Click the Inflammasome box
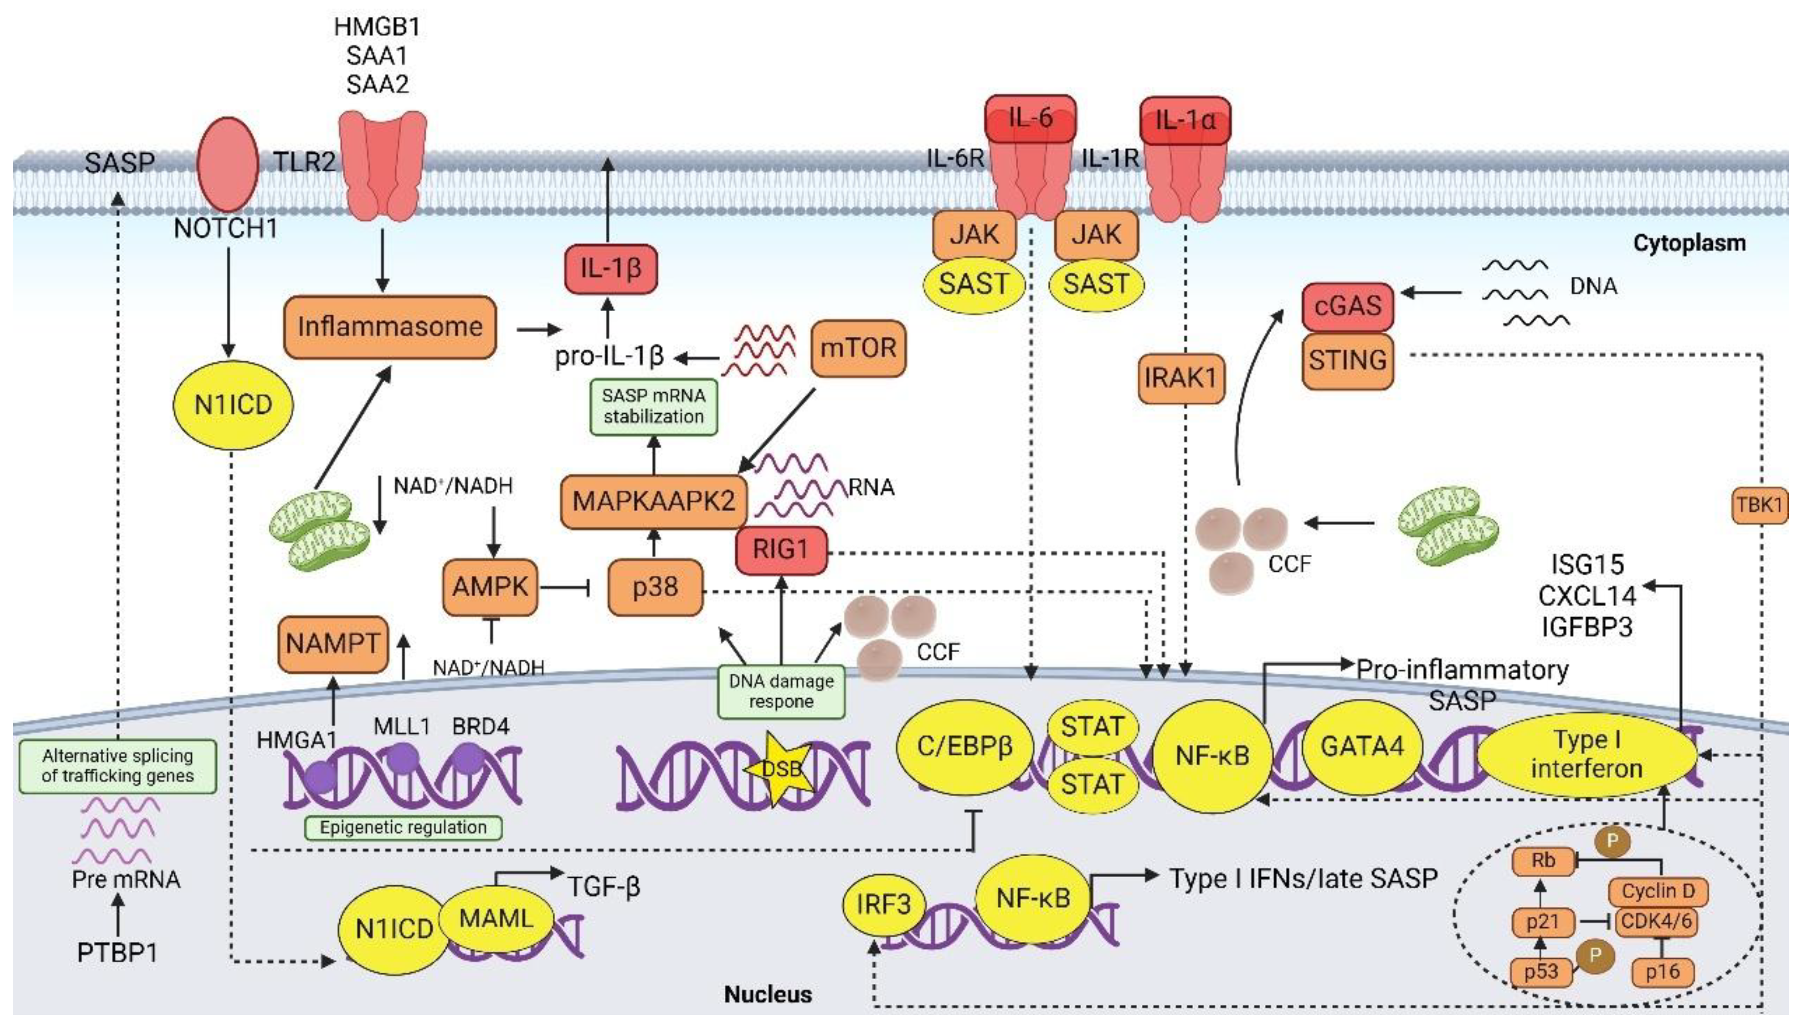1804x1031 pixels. (389, 327)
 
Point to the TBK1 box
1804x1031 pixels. (1759, 505)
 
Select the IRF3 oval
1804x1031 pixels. (883, 904)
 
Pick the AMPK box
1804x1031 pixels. (490, 587)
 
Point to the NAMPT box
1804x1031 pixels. (332, 643)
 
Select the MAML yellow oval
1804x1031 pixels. (496, 918)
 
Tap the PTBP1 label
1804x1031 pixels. (117, 953)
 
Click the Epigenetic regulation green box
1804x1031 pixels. (403, 827)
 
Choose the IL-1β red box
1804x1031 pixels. (610, 268)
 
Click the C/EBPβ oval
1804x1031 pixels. (965, 746)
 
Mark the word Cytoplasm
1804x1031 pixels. (1689, 243)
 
